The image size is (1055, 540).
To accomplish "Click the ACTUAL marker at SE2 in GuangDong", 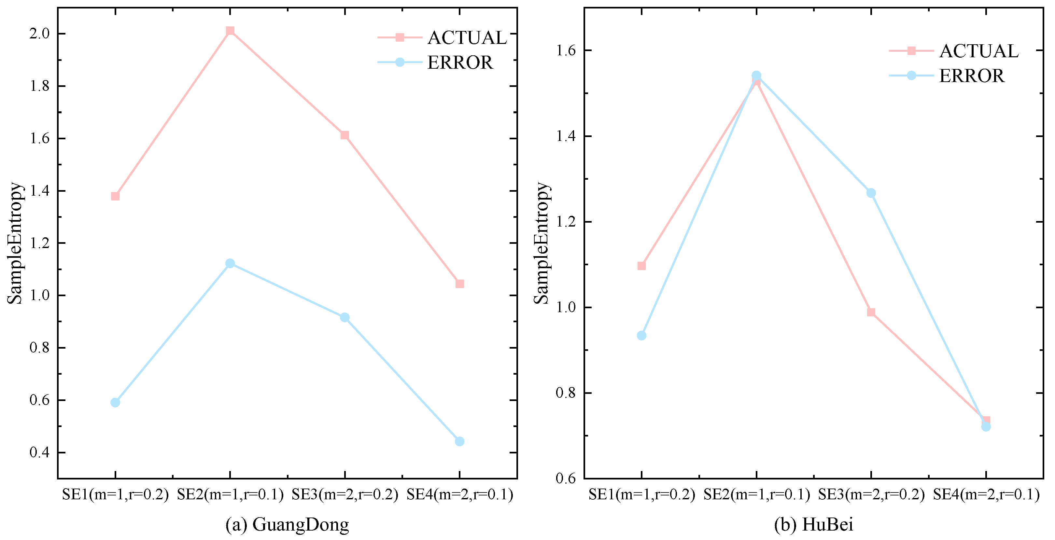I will coord(230,31).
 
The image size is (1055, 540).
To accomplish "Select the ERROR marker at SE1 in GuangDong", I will coord(115,402).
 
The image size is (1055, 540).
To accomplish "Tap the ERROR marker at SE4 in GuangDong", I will coord(459,441).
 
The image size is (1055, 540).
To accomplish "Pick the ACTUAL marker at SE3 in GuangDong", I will coord(345,135).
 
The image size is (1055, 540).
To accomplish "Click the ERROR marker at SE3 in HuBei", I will coord(871,193).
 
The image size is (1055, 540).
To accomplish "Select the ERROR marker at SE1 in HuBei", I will coord(642,336).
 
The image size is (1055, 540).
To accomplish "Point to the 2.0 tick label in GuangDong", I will coord(39,34).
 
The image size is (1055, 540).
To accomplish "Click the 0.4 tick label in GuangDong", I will coord(39,452).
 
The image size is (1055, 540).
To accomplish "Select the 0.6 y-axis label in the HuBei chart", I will coord(566,478).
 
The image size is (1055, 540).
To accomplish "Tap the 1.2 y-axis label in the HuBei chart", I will coord(566,222).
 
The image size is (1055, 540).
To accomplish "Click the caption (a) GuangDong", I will coord(287,524).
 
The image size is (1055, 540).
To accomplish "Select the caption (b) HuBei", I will coord(813,524).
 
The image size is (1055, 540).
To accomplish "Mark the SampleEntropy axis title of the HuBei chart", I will coord(542,243).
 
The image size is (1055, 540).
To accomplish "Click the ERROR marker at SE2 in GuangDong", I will coord(230,263).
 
